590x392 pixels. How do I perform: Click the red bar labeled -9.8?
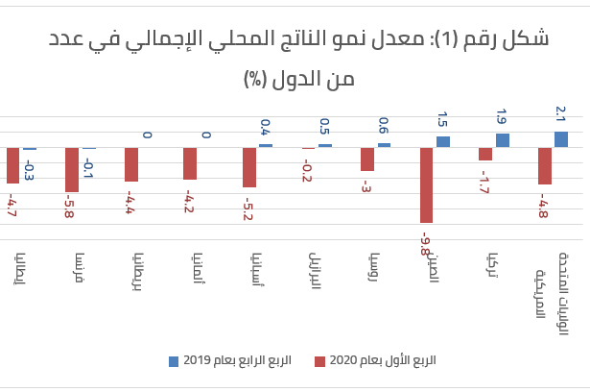tap(428, 184)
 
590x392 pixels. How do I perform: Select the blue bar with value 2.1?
tap(561, 139)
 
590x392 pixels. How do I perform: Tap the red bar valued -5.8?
tap(72, 169)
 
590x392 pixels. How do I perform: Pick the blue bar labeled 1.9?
tap(502, 140)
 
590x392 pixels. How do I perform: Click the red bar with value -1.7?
tap(485, 154)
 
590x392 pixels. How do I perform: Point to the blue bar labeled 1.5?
tap(443, 141)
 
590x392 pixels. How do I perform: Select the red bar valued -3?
tap(367, 159)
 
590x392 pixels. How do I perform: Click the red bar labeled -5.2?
tap(249, 167)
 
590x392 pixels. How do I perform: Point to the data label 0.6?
tap(384, 125)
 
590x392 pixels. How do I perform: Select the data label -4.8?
tap(544, 208)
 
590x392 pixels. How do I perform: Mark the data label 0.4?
tap(266, 126)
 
